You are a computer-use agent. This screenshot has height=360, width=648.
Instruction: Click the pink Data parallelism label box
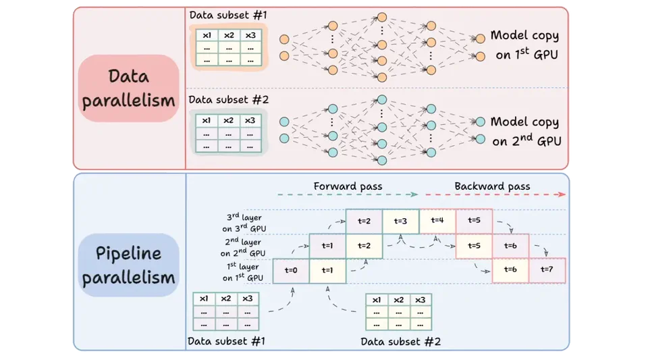[x=128, y=88]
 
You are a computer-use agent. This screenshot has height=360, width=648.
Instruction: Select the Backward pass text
[x=492, y=186]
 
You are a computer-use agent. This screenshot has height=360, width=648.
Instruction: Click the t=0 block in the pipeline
[x=291, y=270]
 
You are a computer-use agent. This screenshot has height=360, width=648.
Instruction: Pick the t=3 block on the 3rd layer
[x=400, y=221]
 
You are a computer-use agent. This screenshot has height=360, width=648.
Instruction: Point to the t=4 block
[x=437, y=221]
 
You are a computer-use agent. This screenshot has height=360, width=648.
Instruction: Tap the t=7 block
[x=547, y=270]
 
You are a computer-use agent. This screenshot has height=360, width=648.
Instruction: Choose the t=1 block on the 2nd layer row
[x=327, y=246]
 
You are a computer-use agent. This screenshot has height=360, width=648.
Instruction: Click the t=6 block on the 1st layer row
[x=510, y=270]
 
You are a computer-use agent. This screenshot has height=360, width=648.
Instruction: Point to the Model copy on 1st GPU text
[x=524, y=45]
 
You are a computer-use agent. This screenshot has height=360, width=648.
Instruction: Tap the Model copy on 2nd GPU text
[x=524, y=131]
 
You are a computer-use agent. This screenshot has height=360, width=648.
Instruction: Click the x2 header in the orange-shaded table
[x=229, y=35]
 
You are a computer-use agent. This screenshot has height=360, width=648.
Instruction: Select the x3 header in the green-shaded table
[x=250, y=120]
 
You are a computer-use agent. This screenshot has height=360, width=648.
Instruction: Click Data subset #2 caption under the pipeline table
[x=401, y=342]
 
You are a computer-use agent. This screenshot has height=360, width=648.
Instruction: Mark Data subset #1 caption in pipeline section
[x=226, y=342]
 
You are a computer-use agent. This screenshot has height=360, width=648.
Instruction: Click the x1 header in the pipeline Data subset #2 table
[x=376, y=300]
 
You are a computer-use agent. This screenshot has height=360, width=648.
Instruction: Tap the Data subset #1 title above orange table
[x=229, y=14]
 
